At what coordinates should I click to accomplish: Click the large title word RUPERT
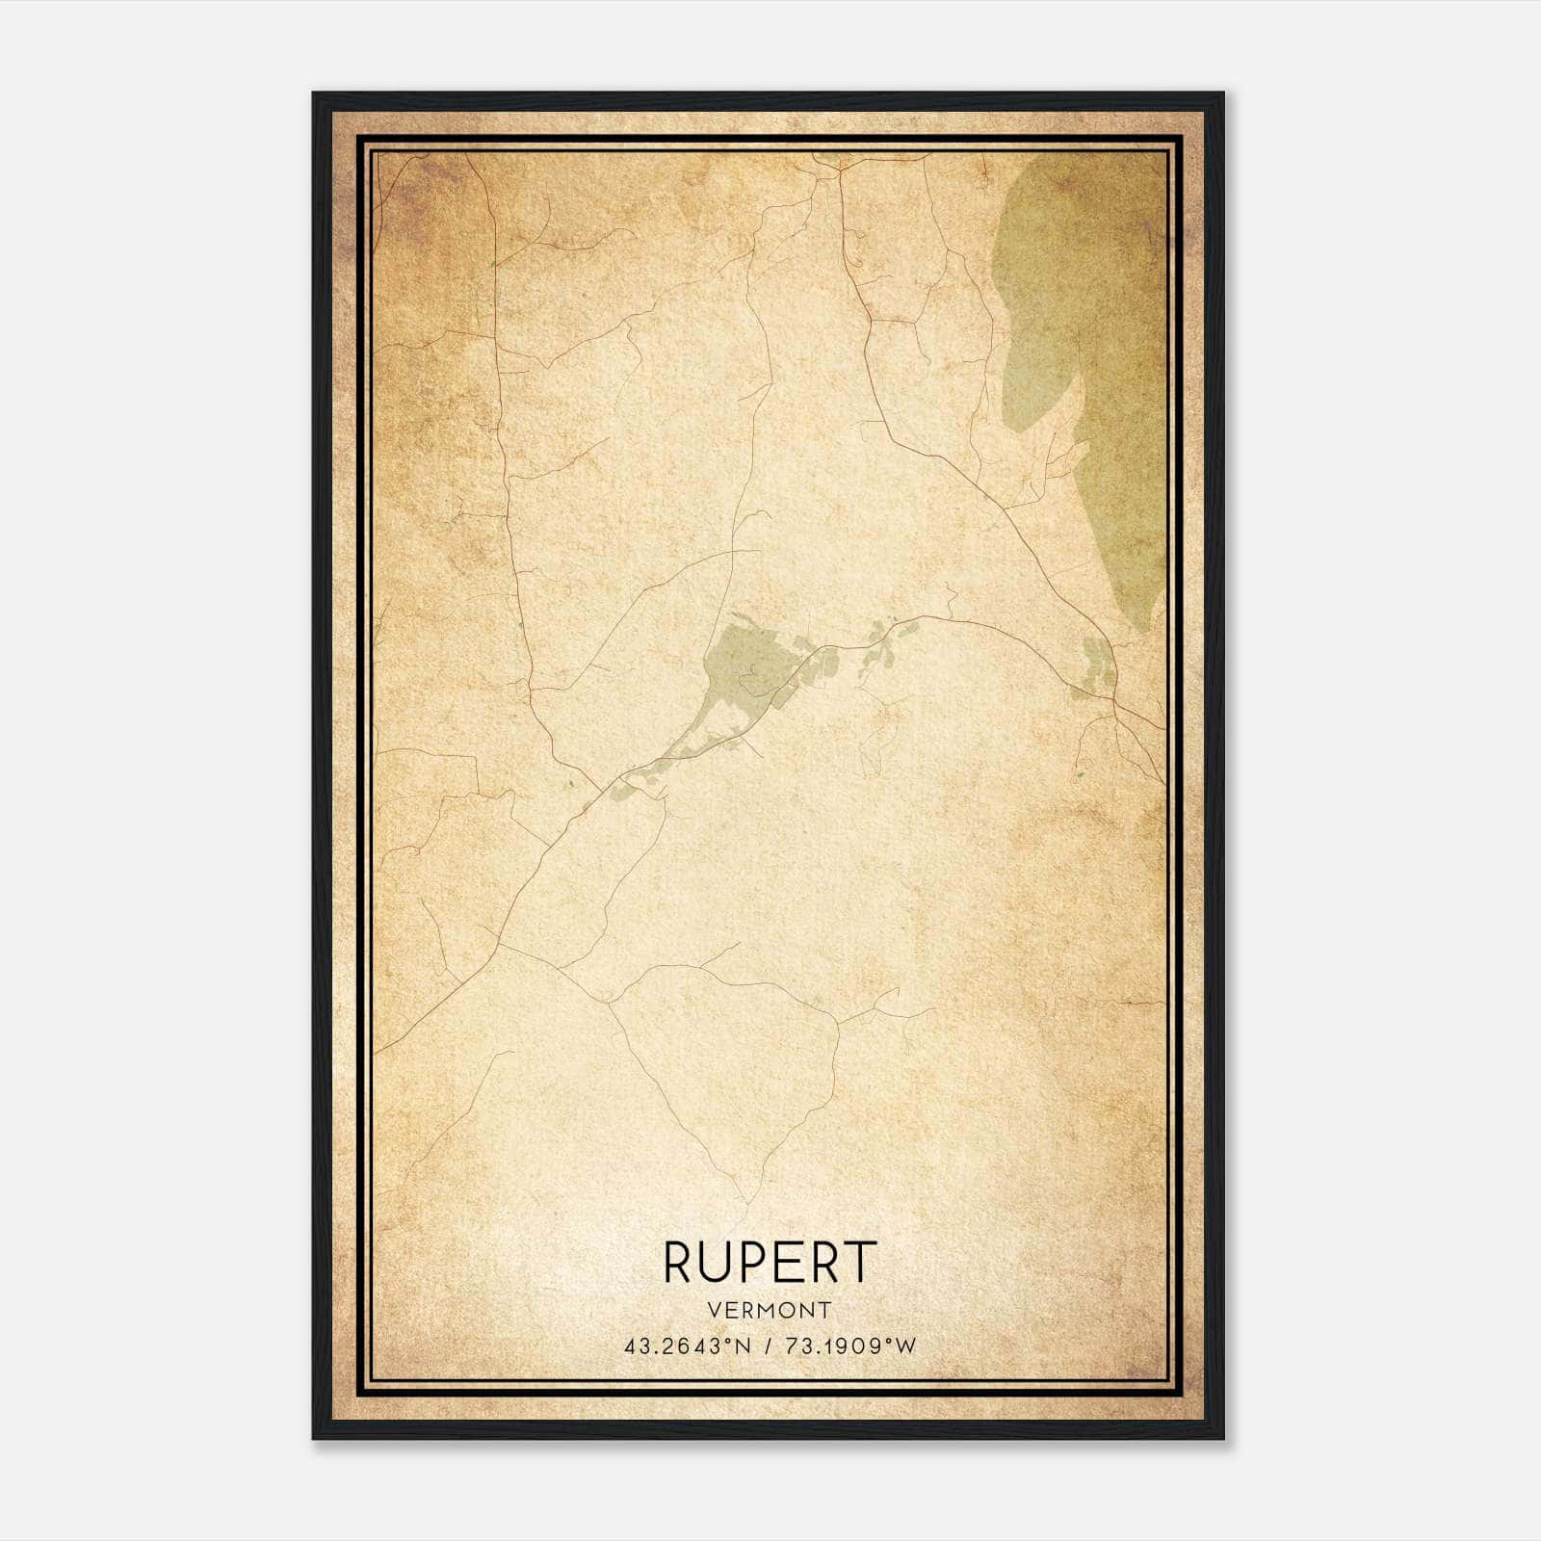point(770,1262)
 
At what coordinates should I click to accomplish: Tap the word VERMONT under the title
point(770,1310)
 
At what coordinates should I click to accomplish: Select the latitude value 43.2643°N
point(687,1346)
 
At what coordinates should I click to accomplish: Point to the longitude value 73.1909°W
point(849,1346)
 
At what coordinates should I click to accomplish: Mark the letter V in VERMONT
point(712,1310)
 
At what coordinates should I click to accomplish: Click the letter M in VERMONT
point(769,1310)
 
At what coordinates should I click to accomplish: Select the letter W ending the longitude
point(906,1346)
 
